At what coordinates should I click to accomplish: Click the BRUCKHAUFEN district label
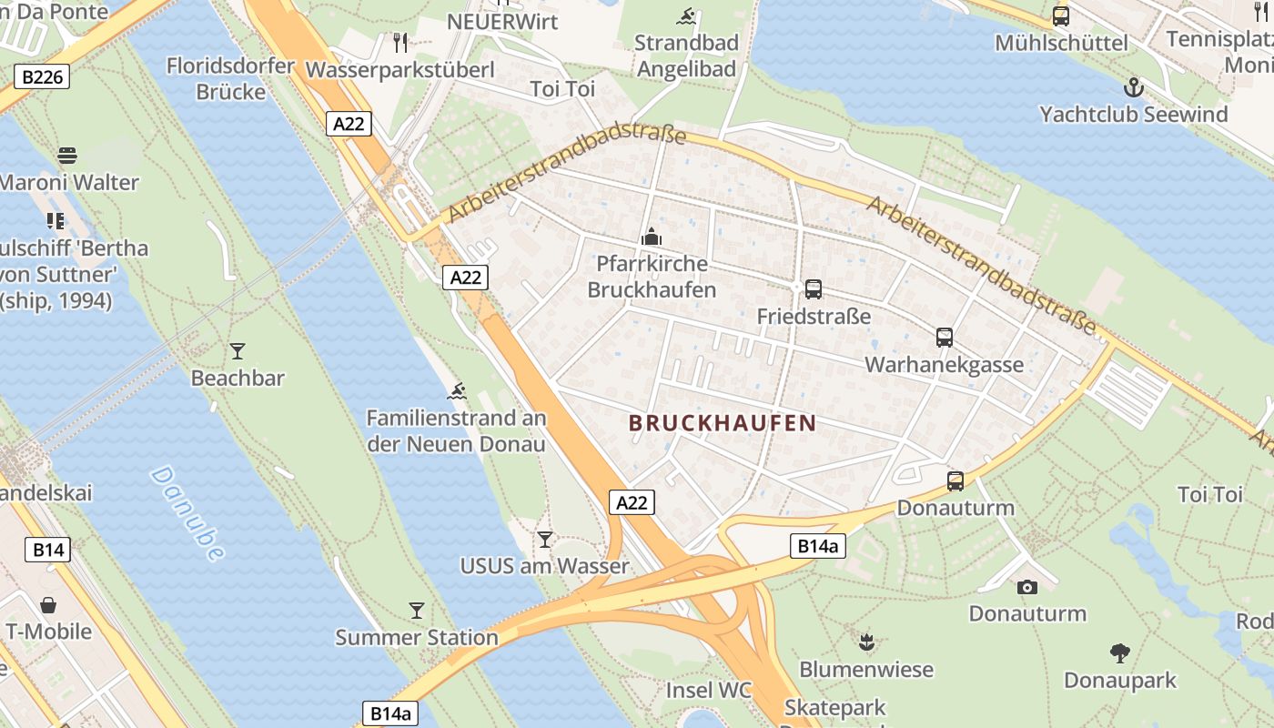pos(722,423)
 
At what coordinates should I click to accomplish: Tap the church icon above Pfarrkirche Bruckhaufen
pos(652,238)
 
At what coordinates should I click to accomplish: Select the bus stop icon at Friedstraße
pos(814,289)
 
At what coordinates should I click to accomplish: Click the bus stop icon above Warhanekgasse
pos(945,338)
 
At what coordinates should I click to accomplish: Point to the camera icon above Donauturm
pos(1027,587)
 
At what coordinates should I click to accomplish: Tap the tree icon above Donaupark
pos(1120,652)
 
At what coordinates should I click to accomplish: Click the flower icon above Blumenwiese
pos(866,642)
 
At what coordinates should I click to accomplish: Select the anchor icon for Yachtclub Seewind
pos(1133,87)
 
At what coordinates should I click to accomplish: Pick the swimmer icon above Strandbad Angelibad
pos(686,16)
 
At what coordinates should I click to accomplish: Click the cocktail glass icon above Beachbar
pos(238,351)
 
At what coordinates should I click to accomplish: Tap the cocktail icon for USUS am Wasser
pos(544,540)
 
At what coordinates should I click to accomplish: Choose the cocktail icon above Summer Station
pos(417,611)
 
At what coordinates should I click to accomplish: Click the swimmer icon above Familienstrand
pos(457,392)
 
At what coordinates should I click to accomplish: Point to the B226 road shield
pos(42,77)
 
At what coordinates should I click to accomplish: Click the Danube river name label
pos(187,513)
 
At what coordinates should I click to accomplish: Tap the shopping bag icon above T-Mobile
pos(48,605)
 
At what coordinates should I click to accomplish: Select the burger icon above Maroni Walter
pos(67,156)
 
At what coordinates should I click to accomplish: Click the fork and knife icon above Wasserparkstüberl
pos(399,42)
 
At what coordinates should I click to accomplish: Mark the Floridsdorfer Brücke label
pos(231,79)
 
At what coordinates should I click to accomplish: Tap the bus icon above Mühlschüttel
pos(1061,15)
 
